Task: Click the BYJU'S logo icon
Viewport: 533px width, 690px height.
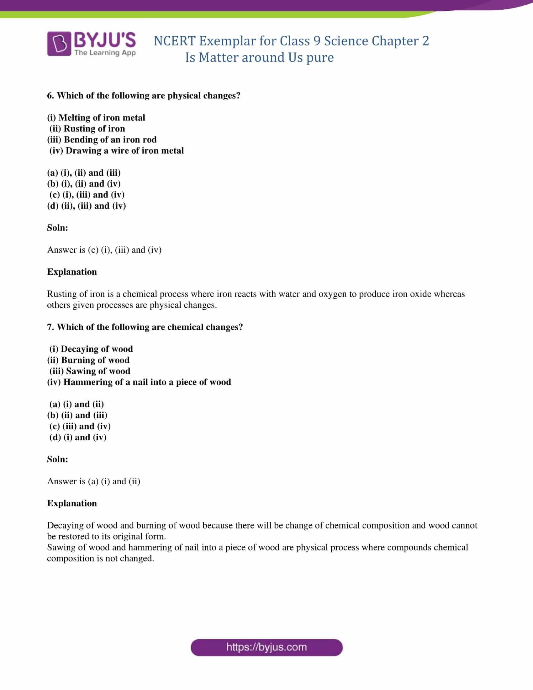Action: [x=59, y=44]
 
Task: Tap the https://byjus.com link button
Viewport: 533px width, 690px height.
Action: [x=266, y=647]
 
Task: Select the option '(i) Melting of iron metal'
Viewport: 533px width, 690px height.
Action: [x=96, y=118]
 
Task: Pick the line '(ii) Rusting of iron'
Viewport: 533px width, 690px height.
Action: [x=87, y=129]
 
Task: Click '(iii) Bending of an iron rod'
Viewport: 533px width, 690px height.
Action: [x=102, y=140]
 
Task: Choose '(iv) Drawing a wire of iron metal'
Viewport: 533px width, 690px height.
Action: [x=117, y=151]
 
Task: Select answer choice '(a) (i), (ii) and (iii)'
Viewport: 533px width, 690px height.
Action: [x=84, y=173]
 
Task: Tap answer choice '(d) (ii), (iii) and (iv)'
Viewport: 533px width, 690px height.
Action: [x=86, y=206]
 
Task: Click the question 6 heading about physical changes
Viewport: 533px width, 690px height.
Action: [x=144, y=95]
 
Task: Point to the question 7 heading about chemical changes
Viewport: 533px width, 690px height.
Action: [x=145, y=327]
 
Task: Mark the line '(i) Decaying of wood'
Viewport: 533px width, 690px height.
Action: [x=91, y=349]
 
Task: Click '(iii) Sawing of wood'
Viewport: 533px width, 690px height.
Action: [x=90, y=371]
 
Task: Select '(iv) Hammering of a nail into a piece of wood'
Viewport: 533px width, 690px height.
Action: [x=139, y=382]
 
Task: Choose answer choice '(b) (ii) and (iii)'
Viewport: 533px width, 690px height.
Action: [x=77, y=415]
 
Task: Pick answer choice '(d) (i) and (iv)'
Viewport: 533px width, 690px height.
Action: [x=78, y=437]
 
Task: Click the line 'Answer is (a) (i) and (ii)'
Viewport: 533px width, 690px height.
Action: [x=93, y=481]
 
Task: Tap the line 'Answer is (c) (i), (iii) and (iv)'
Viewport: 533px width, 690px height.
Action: [x=104, y=250]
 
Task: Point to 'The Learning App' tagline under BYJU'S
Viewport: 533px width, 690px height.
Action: [x=105, y=53]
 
